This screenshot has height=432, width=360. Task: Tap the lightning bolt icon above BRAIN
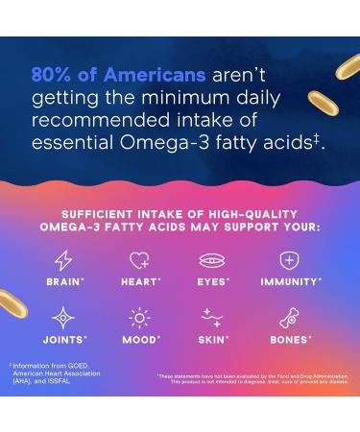tap(63, 260)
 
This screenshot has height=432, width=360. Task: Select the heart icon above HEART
tap(139, 260)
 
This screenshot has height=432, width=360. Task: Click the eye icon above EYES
tap(212, 260)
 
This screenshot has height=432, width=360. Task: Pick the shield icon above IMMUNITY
tap(288, 260)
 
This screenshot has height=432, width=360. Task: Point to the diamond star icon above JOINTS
tap(63, 318)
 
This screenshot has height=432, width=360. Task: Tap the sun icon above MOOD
tap(139, 318)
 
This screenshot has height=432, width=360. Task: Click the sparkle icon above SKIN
tap(212, 318)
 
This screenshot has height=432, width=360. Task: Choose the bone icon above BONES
tap(288, 318)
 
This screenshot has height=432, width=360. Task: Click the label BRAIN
tap(64, 282)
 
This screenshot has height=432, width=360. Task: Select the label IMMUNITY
tap(290, 282)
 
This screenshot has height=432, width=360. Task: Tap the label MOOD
tap(140, 340)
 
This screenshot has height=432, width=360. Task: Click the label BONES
tap(289, 340)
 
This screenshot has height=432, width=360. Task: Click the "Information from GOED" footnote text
tap(42, 366)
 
